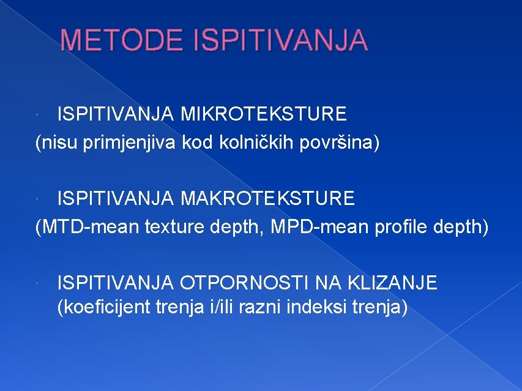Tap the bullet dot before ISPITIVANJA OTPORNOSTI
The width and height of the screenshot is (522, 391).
[x=39, y=284]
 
